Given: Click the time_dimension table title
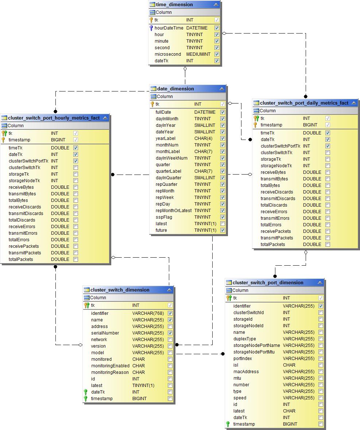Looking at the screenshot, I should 174,5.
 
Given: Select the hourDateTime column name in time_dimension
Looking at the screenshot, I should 169,28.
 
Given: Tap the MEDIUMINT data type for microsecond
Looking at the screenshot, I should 198,54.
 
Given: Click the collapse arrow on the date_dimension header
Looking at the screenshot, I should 221,89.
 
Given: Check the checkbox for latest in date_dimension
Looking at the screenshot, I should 222,224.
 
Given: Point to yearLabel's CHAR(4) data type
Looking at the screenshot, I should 203,138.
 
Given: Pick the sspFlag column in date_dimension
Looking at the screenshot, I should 164,217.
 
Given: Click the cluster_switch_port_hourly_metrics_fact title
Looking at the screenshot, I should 54,118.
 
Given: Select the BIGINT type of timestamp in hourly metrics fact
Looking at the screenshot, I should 58,140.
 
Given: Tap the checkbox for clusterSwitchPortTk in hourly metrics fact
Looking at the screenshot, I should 76,161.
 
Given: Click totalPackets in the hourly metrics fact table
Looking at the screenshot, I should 21,259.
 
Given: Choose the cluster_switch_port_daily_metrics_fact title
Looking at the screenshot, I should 304,103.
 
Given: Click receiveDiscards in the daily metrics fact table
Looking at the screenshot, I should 276,192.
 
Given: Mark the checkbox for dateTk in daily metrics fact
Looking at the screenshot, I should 328,140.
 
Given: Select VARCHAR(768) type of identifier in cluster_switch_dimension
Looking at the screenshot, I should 148,313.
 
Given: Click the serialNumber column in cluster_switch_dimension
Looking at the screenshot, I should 105,333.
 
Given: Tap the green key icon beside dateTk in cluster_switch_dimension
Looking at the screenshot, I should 86,392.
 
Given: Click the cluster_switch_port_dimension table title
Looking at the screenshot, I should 268,283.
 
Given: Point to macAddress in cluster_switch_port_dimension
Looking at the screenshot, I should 246,372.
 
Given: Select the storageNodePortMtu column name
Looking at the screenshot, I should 254,352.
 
